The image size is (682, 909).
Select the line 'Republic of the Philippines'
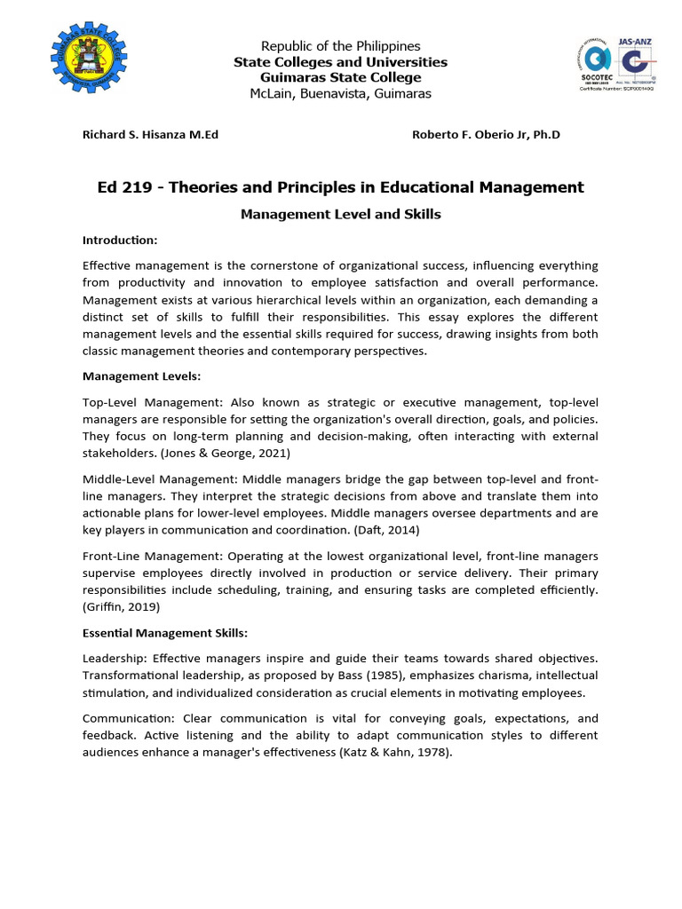click(x=340, y=45)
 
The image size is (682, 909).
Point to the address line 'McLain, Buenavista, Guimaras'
click(x=340, y=93)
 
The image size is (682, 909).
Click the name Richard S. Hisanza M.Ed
click(x=150, y=135)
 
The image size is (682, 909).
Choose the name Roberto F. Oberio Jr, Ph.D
click(x=486, y=135)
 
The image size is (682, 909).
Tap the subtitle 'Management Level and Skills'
click(x=340, y=215)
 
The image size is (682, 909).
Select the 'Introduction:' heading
click(x=120, y=241)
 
